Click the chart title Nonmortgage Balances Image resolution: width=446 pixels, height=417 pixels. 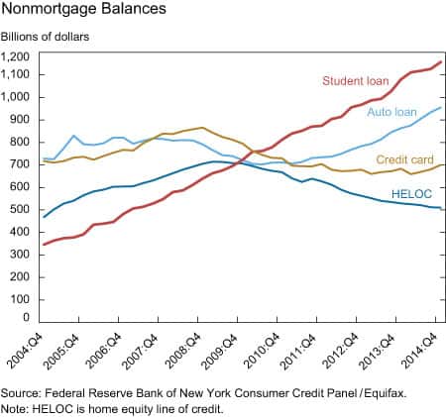83,9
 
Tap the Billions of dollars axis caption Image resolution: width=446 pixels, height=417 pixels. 45,37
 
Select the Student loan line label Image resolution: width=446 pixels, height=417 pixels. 356,81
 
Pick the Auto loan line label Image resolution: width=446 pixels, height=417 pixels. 391,112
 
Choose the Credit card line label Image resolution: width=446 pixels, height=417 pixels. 404,159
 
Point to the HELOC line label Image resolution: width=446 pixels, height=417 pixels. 411,194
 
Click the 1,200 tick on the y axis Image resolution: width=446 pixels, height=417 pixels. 15,57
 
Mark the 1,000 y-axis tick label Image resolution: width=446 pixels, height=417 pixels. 15,97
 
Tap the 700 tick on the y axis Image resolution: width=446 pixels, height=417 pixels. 20,164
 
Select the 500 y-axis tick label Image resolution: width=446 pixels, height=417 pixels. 20,209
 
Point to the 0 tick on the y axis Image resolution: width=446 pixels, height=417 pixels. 27,318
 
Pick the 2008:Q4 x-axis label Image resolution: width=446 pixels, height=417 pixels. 182,351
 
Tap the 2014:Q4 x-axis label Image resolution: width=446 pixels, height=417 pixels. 420,351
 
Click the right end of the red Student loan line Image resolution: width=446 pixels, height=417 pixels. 441,61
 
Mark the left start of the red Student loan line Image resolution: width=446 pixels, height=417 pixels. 44,245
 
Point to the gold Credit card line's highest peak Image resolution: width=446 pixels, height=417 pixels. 202,128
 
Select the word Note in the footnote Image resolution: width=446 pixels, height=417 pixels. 14,409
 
